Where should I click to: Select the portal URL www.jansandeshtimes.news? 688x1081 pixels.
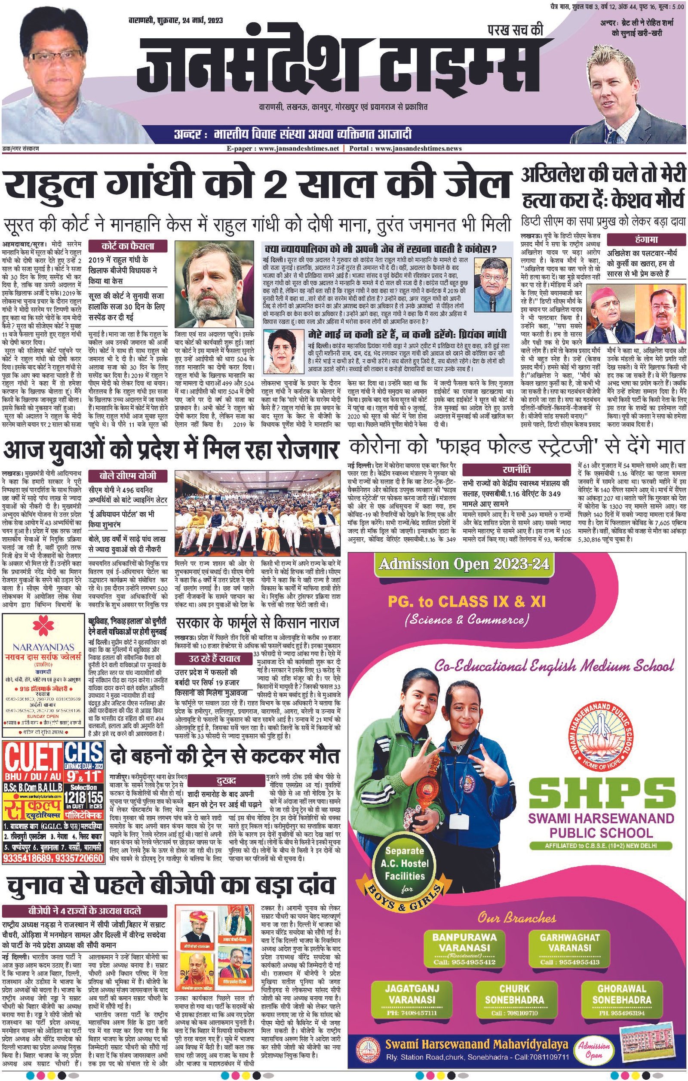pos(418,148)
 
